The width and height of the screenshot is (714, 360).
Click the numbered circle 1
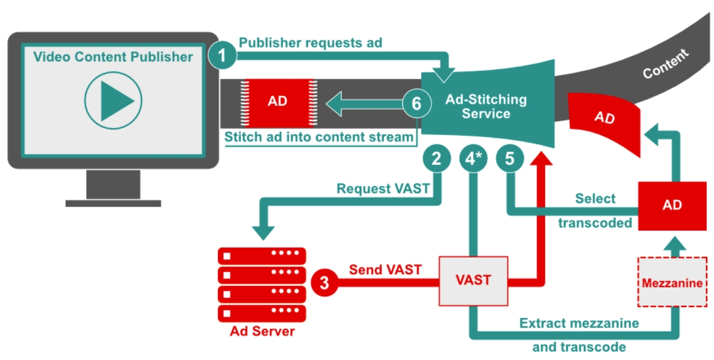(x=223, y=56)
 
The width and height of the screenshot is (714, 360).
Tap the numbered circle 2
(x=437, y=159)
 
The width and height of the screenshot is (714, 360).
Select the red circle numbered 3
(x=325, y=282)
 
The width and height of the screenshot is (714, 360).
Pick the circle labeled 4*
(x=473, y=159)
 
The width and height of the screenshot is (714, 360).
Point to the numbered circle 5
(x=509, y=159)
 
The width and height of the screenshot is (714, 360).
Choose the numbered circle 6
(x=416, y=103)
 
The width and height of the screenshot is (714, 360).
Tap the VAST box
(x=473, y=281)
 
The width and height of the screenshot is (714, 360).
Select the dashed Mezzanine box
(x=671, y=282)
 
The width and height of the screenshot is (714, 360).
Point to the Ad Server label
(x=262, y=331)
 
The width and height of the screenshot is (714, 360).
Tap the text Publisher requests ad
(x=310, y=43)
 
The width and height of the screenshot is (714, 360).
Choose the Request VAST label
(x=383, y=188)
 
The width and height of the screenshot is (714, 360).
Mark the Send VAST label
(x=385, y=270)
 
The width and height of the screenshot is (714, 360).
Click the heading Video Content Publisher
(x=113, y=57)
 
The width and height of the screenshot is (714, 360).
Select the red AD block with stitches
(x=278, y=101)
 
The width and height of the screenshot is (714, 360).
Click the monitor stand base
(x=113, y=203)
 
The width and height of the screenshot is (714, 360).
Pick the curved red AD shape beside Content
(x=604, y=118)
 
